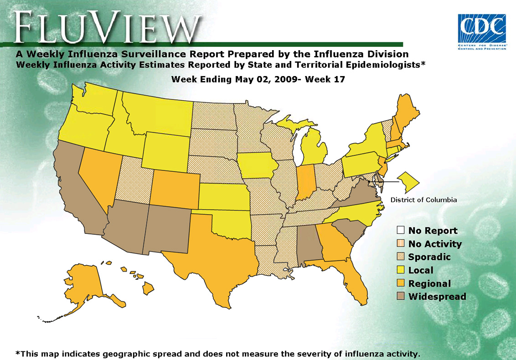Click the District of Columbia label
(423, 200)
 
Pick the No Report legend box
(401, 231)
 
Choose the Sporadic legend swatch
(401, 257)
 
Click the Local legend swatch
(401, 270)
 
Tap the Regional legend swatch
(401, 283)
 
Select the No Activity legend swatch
(401, 244)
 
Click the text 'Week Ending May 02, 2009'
(233, 79)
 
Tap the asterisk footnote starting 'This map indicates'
(217, 354)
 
